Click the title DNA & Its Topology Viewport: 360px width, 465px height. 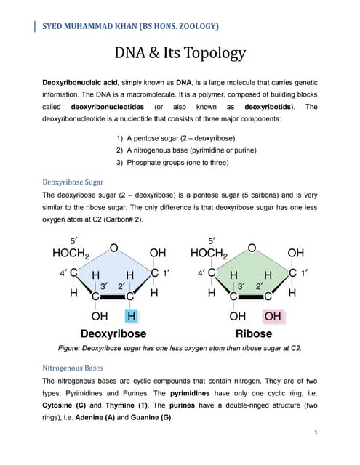180,54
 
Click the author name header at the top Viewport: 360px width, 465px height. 127,27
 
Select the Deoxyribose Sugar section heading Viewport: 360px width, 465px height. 73,182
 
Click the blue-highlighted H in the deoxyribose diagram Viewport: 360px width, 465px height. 131,316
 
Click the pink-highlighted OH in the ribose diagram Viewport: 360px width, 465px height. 273,316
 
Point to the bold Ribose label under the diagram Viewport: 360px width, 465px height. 254,333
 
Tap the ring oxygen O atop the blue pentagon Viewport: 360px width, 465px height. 113,248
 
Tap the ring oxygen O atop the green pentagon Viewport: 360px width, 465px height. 252,248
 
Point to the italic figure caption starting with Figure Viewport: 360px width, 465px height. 180,347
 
